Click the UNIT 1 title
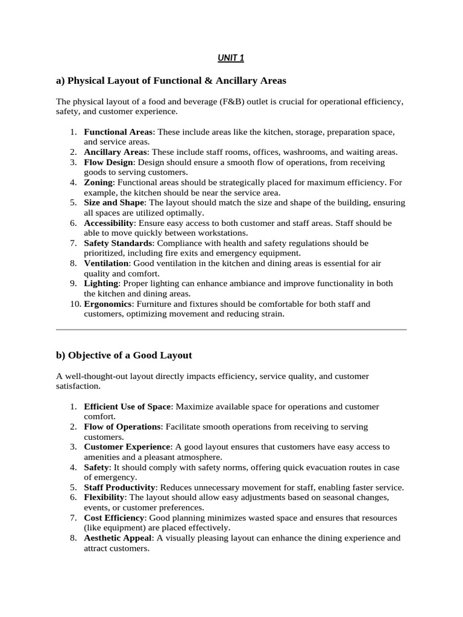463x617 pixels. pyautogui.click(x=231, y=58)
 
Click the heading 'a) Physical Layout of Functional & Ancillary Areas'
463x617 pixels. pyautogui.click(x=171, y=80)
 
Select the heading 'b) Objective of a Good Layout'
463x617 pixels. pyautogui.click(x=124, y=355)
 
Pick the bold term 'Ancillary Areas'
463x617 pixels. pyautogui.click(x=115, y=152)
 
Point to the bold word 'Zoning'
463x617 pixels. pyautogui.click(x=98, y=182)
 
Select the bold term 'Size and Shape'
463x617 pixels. pyautogui.click(x=114, y=202)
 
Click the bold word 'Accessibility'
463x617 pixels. pyautogui.click(x=109, y=223)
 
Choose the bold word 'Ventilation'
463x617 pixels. pyautogui.click(x=106, y=263)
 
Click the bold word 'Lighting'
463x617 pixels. pyautogui.click(x=101, y=283)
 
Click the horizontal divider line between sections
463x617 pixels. pyautogui.click(x=231, y=330)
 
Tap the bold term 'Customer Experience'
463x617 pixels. pyautogui.click(x=128, y=446)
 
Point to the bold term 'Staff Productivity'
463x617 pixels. pyautogui.click(x=120, y=487)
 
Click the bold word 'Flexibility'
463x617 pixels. pyautogui.click(x=104, y=497)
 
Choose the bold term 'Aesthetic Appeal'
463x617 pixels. pyautogui.click(x=118, y=538)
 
